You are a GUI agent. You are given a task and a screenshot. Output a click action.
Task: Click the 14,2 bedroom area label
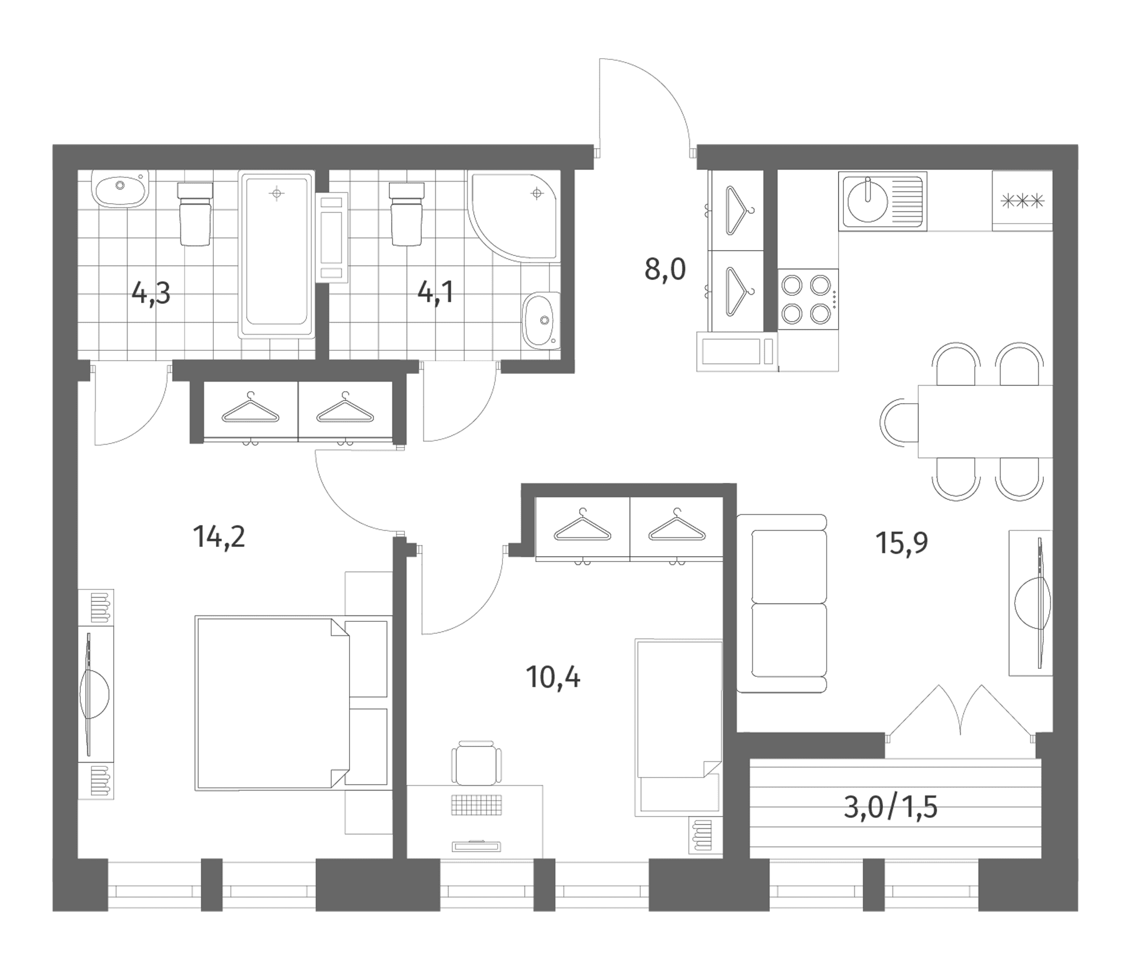tap(219, 537)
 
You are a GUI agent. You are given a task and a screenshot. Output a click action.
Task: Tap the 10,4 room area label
tap(553, 677)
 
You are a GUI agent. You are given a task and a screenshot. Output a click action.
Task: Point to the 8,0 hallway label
tap(665, 269)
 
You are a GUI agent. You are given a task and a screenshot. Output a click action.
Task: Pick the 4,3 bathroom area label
tap(151, 293)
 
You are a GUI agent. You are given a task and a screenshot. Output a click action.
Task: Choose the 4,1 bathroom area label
tap(436, 293)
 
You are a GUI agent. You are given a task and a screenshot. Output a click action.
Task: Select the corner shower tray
tap(513, 217)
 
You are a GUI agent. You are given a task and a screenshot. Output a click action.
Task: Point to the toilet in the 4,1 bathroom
tap(406, 213)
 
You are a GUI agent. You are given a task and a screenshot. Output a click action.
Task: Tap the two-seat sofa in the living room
tap(781, 604)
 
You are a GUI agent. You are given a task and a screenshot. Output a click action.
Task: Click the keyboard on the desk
tap(476, 805)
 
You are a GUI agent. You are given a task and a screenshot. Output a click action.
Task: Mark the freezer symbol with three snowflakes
tap(1022, 202)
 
